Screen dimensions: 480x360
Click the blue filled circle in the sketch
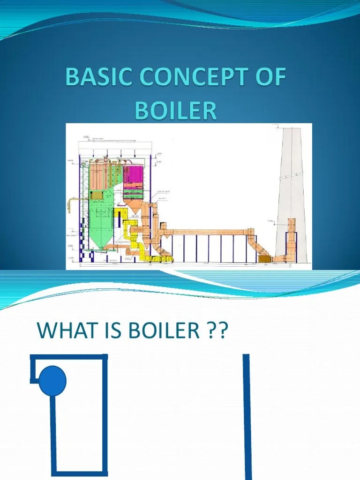click(x=52, y=381)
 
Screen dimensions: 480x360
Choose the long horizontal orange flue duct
click(x=206, y=232)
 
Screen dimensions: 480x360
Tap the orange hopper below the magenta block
click(x=134, y=205)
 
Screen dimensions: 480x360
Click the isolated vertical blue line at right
click(x=247, y=417)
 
